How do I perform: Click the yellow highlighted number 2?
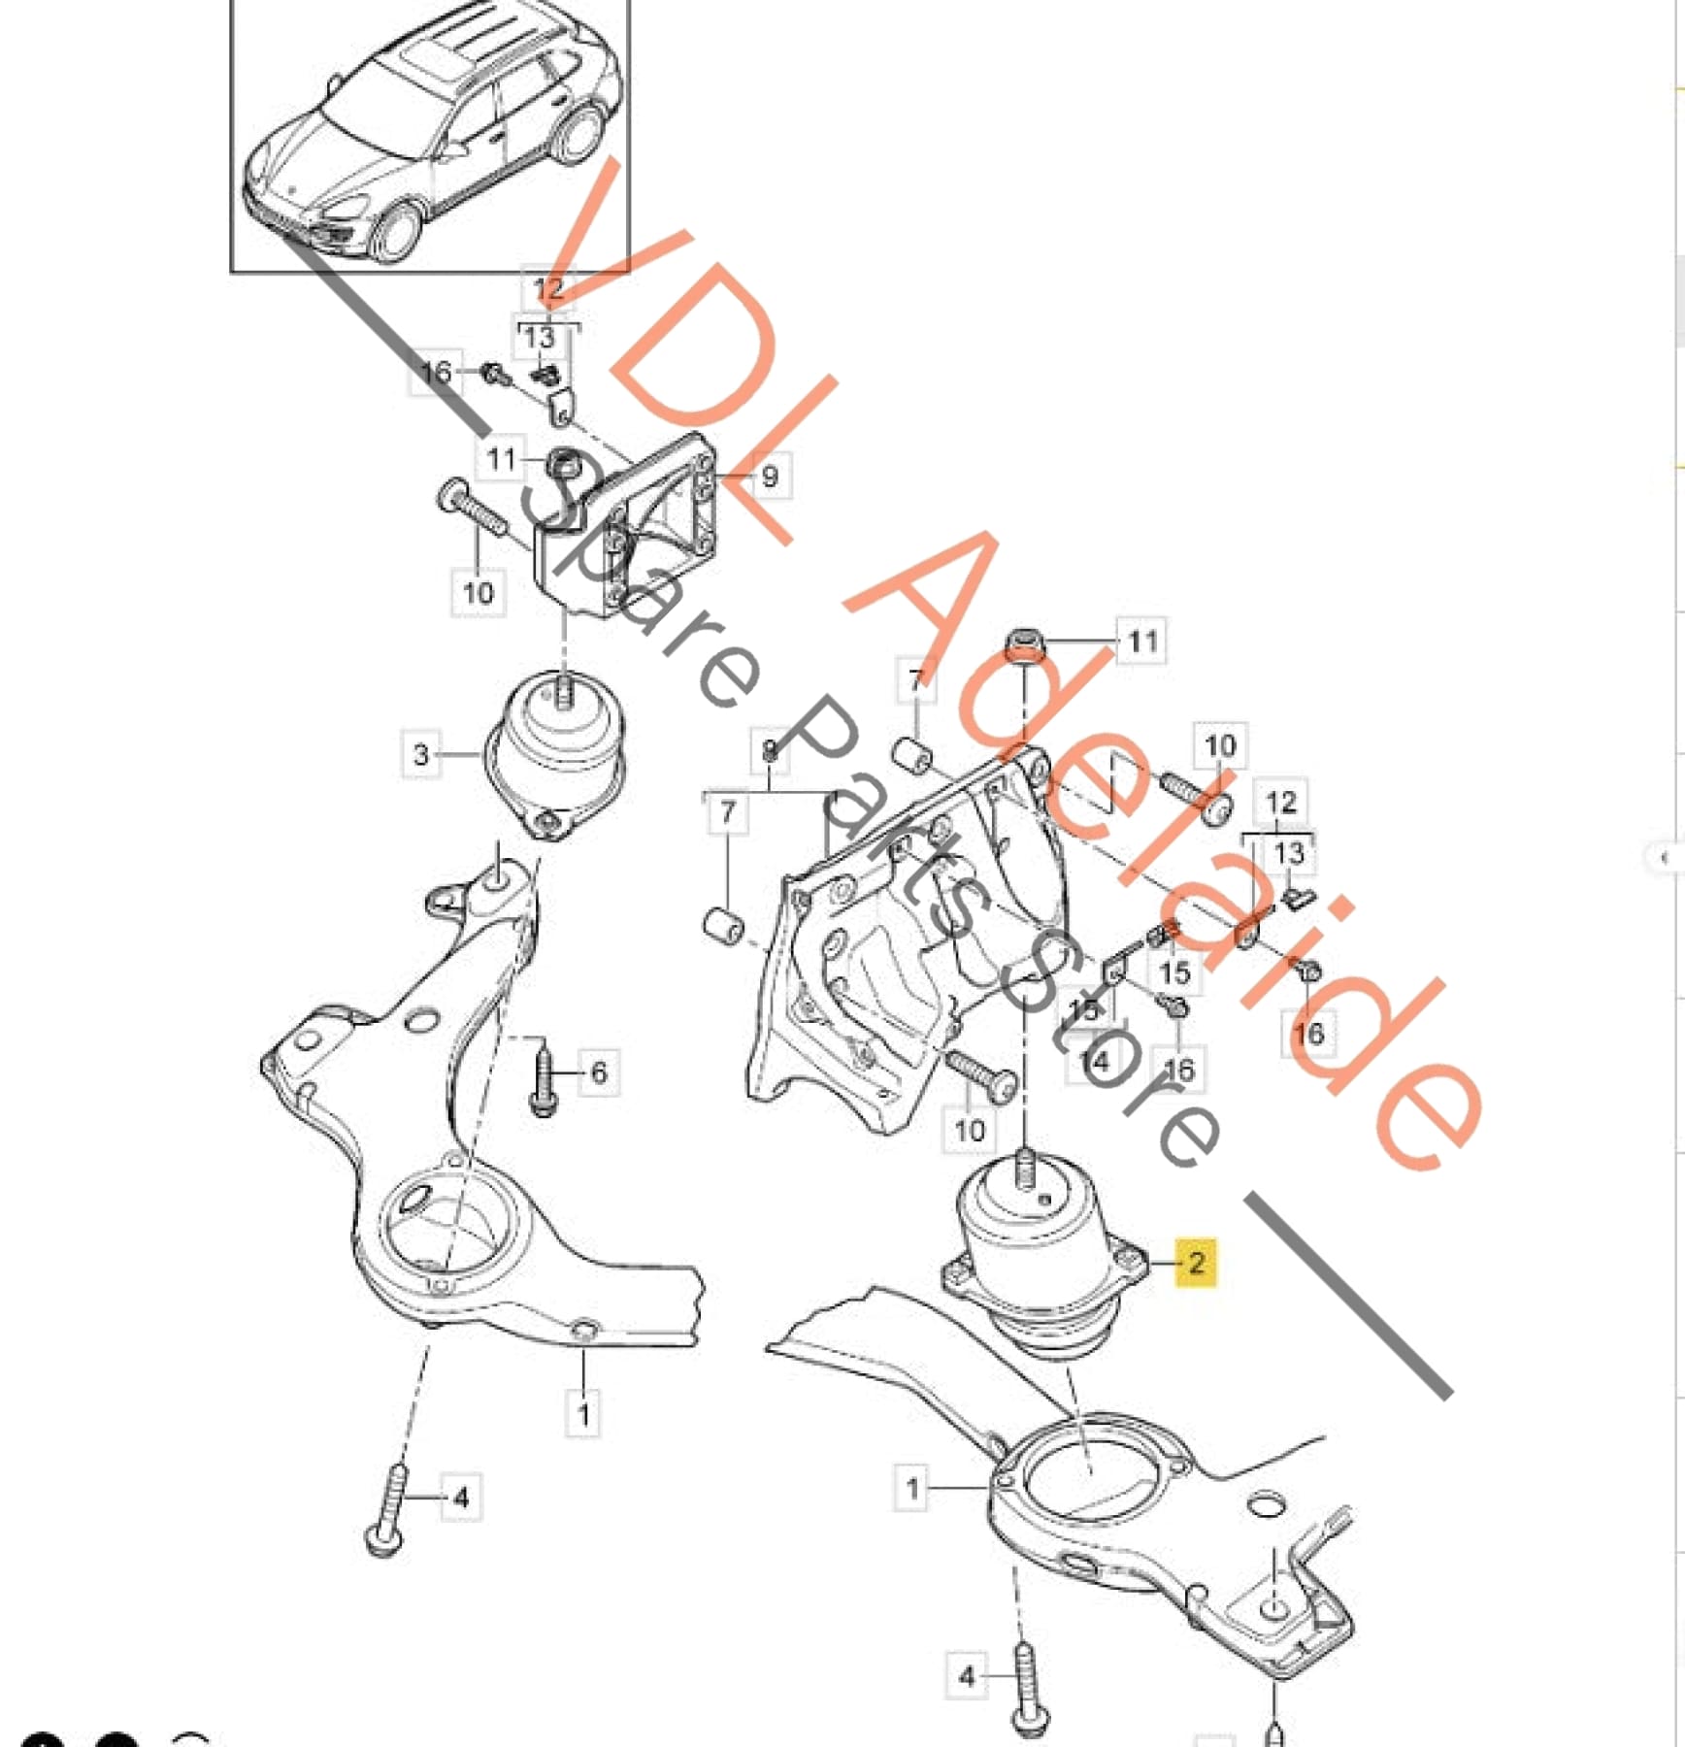tap(1195, 1262)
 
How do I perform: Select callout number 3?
tap(420, 754)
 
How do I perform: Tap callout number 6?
tap(598, 1071)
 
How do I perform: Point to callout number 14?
tap(1094, 1061)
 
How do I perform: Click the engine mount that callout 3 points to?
tap(554, 753)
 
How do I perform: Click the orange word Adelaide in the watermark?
tap(1165, 854)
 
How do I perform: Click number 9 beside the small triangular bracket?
tap(769, 476)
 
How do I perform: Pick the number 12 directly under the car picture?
tap(548, 288)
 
